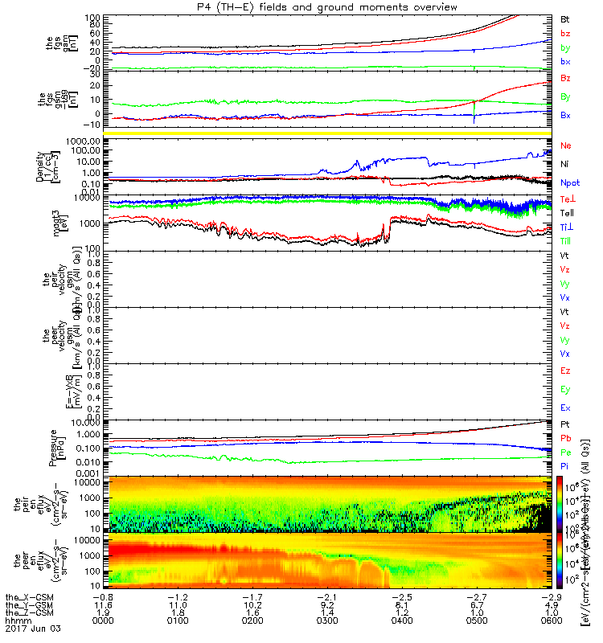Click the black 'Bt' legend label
[565, 18]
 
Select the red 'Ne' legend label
[566, 145]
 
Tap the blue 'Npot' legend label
[569, 183]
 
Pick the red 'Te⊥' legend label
[567, 198]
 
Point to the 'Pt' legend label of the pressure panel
[565, 424]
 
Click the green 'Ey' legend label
[566, 389]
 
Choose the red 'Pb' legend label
[566, 438]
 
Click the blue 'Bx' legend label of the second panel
[566, 115]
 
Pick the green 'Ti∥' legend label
[566, 240]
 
